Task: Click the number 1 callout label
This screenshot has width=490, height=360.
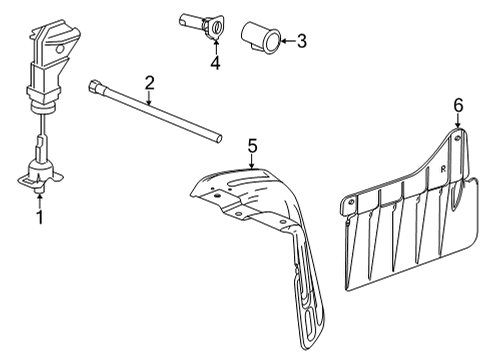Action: (x=41, y=215)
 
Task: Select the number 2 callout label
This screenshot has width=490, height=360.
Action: (x=149, y=82)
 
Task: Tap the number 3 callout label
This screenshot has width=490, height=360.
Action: (x=301, y=41)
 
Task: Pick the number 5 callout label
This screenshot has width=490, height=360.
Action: (x=253, y=145)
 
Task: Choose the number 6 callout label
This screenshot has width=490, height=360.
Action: (x=459, y=104)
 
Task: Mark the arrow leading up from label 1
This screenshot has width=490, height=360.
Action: (x=41, y=198)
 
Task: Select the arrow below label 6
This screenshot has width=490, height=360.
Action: (x=459, y=122)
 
